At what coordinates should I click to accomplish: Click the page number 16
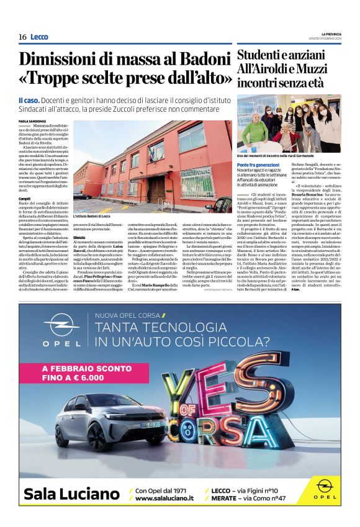coord(22,37)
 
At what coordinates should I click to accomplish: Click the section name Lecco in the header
coord(39,37)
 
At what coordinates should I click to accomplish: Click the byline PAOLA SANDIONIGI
coord(32,121)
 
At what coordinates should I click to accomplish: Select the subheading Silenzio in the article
coord(79,238)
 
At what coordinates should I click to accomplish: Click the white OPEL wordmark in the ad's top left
coord(61,342)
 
